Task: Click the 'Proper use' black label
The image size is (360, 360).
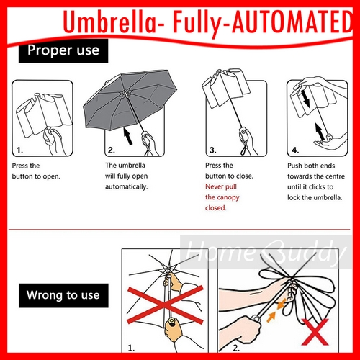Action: point(63,51)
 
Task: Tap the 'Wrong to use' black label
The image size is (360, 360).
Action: point(63,295)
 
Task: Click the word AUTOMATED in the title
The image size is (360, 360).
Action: point(292,22)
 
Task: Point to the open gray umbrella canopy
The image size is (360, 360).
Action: point(130,99)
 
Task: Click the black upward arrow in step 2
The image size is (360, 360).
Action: point(128,136)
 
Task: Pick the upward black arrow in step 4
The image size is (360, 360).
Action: point(320,131)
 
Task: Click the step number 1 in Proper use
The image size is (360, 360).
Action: point(19,150)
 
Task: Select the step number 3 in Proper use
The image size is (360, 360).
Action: point(212,150)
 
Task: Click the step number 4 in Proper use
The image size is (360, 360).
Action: point(295,150)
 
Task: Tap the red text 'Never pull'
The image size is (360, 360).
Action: point(221,186)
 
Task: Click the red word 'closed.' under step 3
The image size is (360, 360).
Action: point(216,207)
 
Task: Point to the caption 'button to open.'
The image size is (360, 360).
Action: point(36,176)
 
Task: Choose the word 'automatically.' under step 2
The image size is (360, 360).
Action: point(127,186)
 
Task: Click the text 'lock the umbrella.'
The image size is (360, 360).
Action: point(315,197)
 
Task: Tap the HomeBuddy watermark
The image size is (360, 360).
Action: point(265,252)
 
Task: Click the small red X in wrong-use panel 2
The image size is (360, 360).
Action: point(315,332)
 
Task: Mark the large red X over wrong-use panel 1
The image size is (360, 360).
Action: point(166,305)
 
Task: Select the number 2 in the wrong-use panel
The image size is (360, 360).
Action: point(236,348)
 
